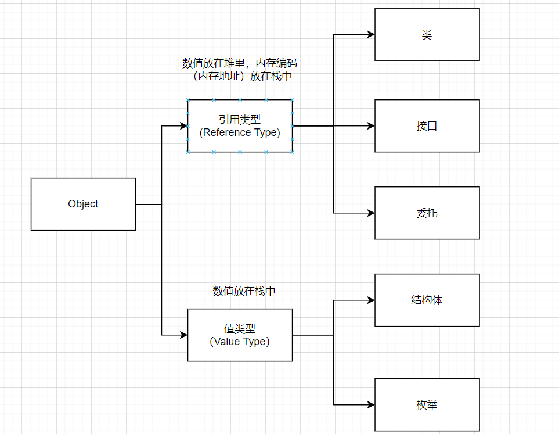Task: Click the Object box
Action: pos(83,204)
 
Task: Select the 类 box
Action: pos(427,35)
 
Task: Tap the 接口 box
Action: pos(427,126)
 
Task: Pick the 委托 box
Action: pos(427,213)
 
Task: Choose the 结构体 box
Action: pos(427,300)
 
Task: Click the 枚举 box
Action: pos(427,405)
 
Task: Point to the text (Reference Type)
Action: pos(240,132)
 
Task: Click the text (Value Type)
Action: pos(240,342)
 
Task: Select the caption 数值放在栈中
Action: pos(244,291)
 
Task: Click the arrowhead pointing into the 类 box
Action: pos(371,35)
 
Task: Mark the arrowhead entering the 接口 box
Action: pos(371,126)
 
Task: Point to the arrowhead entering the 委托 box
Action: pos(371,213)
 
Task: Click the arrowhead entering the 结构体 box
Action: pos(371,300)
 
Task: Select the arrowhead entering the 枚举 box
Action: pos(371,405)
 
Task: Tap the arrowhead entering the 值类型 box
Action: pos(184,335)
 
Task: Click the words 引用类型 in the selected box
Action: pos(240,120)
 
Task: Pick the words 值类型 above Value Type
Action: pos(240,329)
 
